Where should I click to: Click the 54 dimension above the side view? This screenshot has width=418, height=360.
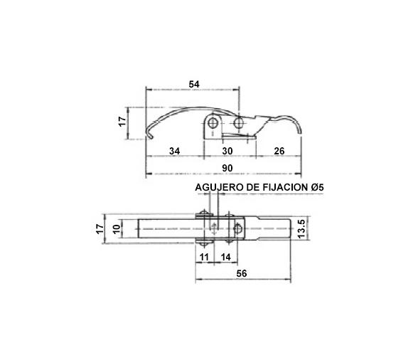(x=193, y=84)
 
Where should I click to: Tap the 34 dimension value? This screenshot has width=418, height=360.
(x=175, y=152)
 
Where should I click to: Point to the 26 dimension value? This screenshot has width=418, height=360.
(x=279, y=152)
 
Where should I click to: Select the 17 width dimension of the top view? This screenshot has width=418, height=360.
(x=100, y=228)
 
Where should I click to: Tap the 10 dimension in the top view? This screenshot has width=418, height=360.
(x=117, y=228)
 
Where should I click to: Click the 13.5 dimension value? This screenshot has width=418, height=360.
(x=301, y=228)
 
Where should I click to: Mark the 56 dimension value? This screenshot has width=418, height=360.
(x=242, y=273)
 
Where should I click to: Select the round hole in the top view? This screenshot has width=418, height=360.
(x=239, y=228)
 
